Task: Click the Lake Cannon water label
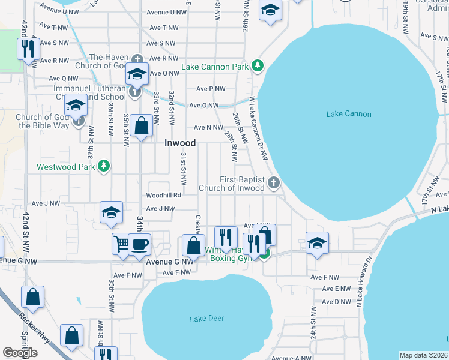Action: point(349,114)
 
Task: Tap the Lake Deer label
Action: point(207,318)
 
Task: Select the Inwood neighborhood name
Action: point(180,143)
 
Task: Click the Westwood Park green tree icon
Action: point(104,165)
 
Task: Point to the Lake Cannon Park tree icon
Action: point(258,65)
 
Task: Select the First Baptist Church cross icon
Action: point(274,182)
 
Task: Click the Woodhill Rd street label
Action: point(163,196)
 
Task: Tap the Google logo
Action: point(20,353)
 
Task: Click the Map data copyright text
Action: point(424,355)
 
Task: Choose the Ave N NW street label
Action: point(208,127)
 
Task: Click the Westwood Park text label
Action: point(66,167)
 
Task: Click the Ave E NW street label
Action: point(336,289)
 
